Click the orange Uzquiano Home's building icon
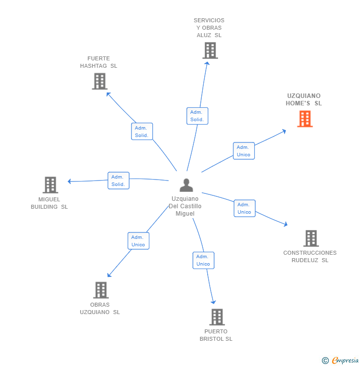click(305, 119)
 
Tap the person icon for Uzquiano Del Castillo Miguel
click(186, 185)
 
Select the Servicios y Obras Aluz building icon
click(210, 50)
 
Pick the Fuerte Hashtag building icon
click(100, 81)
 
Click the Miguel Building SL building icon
click(50, 185)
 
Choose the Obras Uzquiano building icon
click(101, 290)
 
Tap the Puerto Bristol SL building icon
click(217, 317)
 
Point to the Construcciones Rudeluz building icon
click(311, 238)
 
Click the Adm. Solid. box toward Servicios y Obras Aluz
click(197, 116)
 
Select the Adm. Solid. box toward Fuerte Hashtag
click(142, 132)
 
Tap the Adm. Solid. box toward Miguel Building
click(118, 181)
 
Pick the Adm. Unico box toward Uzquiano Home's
click(243, 151)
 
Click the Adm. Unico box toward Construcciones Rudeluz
click(244, 208)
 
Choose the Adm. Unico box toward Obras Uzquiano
click(138, 241)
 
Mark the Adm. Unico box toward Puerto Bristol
click(203, 260)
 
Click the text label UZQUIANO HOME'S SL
click(304, 99)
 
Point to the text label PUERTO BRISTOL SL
click(216, 335)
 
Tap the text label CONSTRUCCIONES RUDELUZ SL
click(310, 256)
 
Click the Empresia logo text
click(345, 361)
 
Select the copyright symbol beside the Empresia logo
click(325, 361)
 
